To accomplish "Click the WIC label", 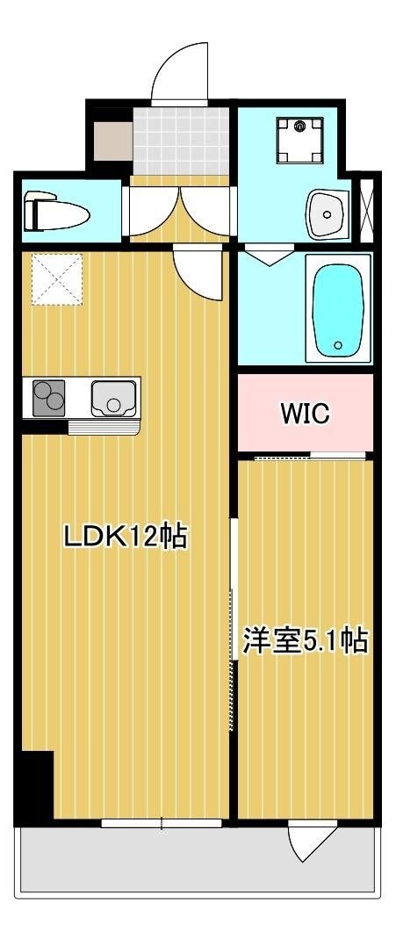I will coord(305,413).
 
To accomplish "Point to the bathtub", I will coord(338,307).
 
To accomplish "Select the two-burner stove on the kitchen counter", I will coord(49,398).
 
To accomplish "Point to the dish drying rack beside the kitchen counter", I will coord(104,428).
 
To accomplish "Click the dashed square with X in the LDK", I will coord(58,279).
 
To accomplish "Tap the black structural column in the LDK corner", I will coord(37,785).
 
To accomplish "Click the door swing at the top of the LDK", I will coord(195,272).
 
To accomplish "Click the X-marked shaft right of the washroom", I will coord(368,211).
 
